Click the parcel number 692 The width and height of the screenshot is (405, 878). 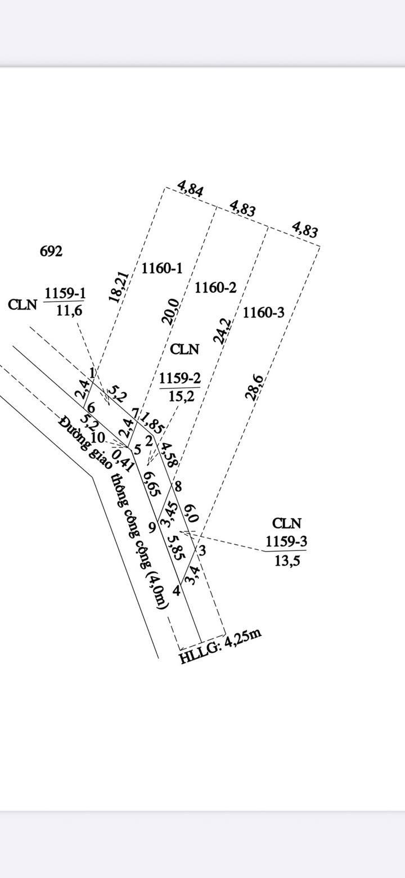point(51,252)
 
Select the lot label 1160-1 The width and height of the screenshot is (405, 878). point(161,268)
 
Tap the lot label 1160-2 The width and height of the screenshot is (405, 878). point(215,288)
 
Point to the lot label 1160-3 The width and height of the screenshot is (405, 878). point(264,312)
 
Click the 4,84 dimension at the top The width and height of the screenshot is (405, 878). point(190,188)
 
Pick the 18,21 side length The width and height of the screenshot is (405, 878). point(119,288)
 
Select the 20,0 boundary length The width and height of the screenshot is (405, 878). point(170,311)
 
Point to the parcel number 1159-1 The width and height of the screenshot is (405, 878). point(65,293)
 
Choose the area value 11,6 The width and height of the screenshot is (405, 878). point(69,310)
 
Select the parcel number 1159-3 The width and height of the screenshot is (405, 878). point(286,541)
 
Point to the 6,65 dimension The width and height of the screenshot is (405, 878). point(150,483)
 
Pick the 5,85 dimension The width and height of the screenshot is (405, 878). point(175,546)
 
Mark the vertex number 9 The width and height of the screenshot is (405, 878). point(152,527)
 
